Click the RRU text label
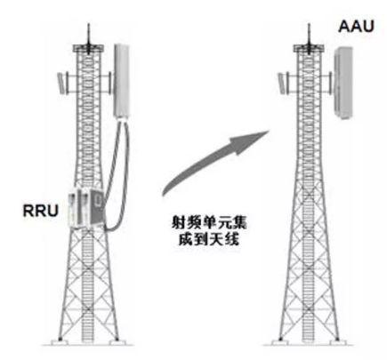click(40, 211)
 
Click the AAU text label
click(356, 26)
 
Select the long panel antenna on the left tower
click(122, 81)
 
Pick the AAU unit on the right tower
click(343, 83)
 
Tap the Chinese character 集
click(239, 222)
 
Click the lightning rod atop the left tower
click(88, 35)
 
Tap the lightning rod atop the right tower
click(309, 35)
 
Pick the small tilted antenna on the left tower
click(60, 83)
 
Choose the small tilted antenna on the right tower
click(281, 83)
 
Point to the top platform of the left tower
click(88, 48)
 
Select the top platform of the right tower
click(309, 48)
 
